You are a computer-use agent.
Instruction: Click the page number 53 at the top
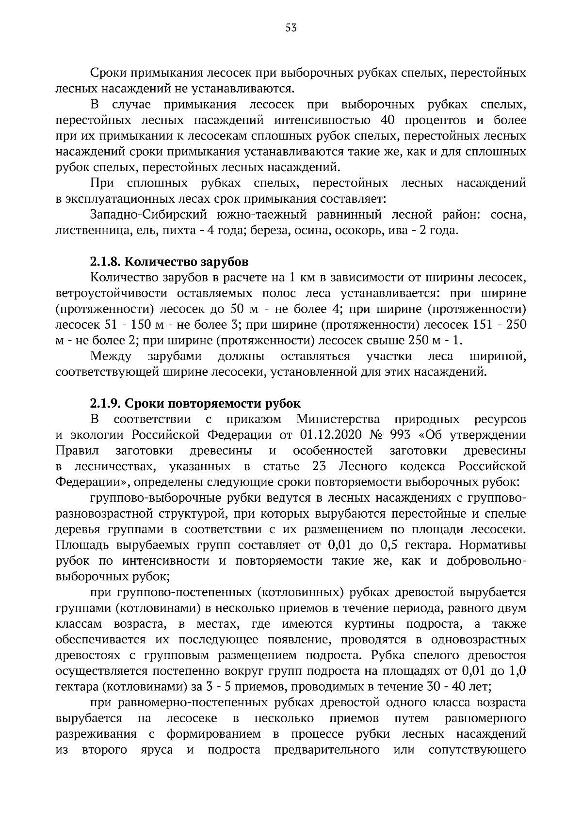click(291, 28)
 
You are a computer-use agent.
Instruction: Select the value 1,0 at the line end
click(517, 671)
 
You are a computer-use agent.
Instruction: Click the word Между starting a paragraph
click(111, 357)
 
